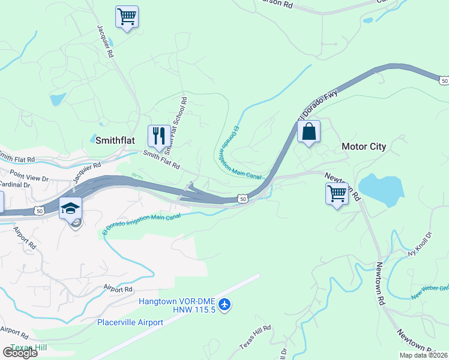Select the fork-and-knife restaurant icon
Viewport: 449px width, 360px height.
pos(158,136)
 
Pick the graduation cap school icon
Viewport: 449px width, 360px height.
pos(71,208)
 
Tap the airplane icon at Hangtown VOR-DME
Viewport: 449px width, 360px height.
pos(225,305)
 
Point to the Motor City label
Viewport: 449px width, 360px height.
pos(364,146)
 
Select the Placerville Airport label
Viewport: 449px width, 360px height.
pos(130,322)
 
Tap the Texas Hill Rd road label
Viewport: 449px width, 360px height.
pos(255,337)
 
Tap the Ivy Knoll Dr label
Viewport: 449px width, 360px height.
pos(420,245)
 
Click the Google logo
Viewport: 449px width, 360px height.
pos(20,353)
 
